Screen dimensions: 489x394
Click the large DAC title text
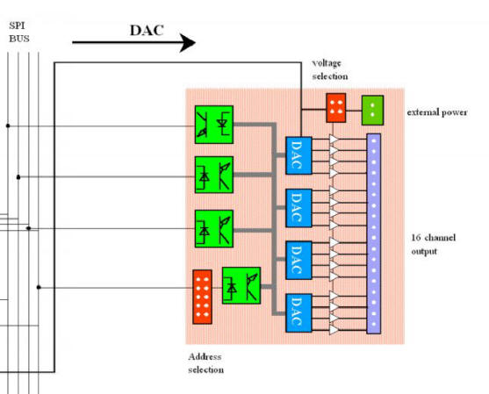147,30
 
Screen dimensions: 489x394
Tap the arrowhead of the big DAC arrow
188,42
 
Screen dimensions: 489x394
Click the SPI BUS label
19,32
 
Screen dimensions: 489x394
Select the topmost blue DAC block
298,155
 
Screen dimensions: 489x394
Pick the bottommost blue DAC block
298,312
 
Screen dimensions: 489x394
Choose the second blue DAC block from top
298,208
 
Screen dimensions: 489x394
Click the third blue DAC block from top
298,261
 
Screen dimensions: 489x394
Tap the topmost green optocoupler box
214,125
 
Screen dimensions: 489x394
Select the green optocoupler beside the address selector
241,285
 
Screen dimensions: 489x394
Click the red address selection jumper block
203,297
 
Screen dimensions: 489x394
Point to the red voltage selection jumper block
336,108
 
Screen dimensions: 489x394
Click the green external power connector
372,111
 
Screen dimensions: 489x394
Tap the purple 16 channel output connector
374,233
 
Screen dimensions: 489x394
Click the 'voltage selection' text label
330,70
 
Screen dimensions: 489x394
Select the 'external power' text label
437,112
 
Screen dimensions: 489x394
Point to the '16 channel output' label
433,244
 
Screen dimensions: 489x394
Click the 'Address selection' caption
205,363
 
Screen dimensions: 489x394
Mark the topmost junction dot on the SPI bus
8,125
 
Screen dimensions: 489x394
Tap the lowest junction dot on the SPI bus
39,287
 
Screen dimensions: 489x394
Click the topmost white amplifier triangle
334,139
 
